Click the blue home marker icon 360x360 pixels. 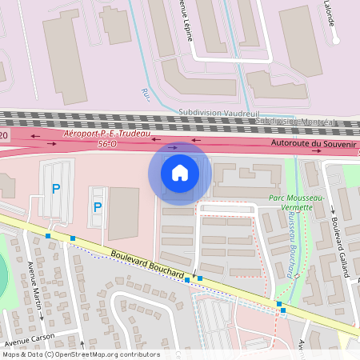click(x=180, y=173)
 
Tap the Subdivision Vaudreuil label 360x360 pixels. click(x=214, y=113)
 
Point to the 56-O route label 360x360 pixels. click(x=107, y=145)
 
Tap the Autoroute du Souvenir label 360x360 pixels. click(x=312, y=143)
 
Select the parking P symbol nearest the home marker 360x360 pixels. click(x=98, y=207)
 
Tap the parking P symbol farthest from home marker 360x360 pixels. click(x=56, y=189)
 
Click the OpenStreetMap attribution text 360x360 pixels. click(x=80, y=354)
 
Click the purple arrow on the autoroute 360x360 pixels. click(x=174, y=147)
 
